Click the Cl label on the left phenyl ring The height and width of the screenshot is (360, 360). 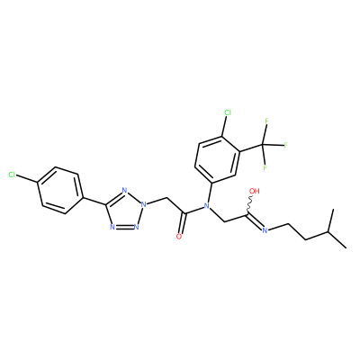point(13,175)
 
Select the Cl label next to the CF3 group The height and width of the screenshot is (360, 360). point(228,112)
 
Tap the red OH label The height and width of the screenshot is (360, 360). point(255,191)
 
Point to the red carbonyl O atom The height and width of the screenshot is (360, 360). point(179,237)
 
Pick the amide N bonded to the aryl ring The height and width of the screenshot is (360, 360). point(206,205)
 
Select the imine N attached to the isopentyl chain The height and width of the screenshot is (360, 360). point(265,230)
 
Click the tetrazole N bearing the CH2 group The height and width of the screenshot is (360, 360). point(144,205)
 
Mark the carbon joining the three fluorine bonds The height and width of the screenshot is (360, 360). point(263,145)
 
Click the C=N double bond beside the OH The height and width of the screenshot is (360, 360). point(255,222)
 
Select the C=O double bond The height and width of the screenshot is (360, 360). point(182,223)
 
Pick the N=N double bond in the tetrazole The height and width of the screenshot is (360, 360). point(124,227)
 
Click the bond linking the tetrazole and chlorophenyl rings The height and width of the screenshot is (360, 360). point(94,202)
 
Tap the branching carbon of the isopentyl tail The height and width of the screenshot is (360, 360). point(328,231)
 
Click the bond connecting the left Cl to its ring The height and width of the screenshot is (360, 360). point(27,178)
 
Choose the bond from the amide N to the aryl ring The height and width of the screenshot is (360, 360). point(210,193)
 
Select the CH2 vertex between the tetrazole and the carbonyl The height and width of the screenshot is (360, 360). point(166,198)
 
